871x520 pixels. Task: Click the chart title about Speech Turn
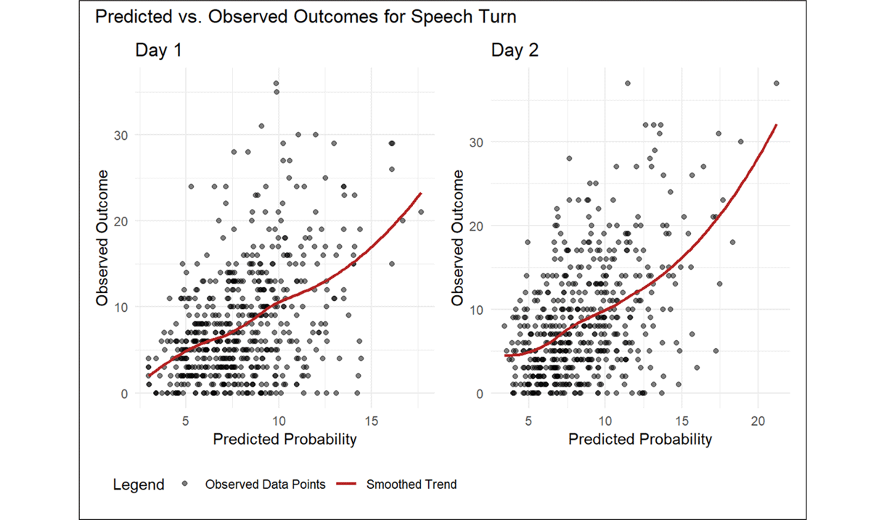point(306,17)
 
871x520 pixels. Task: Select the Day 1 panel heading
point(158,51)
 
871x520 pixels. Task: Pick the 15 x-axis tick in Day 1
point(371,421)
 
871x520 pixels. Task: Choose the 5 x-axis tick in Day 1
point(185,421)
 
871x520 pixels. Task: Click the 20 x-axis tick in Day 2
point(758,421)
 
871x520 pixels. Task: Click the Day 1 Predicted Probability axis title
point(285,439)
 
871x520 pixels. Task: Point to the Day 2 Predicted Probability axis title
point(639,439)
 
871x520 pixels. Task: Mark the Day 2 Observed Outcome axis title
point(458,237)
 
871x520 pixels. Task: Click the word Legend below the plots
point(139,484)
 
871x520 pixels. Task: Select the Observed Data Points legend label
point(266,484)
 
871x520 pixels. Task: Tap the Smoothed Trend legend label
point(412,484)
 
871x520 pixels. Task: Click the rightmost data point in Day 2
point(777,83)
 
